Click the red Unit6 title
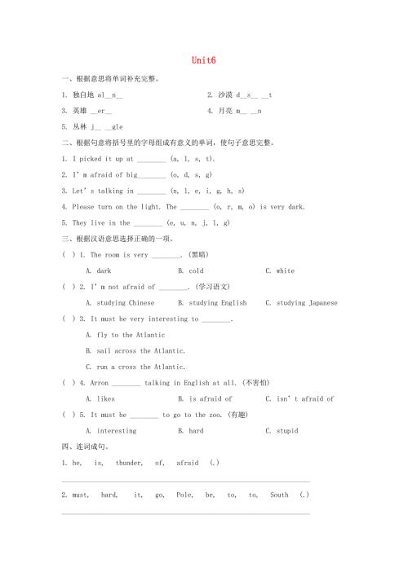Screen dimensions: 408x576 (x=203, y=60)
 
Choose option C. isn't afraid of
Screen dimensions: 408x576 (x=299, y=399)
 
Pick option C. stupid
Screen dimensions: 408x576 (x=282, y=431)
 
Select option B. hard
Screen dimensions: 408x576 (x=191, y=431)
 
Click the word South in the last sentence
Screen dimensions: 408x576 (x=279, y=495)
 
